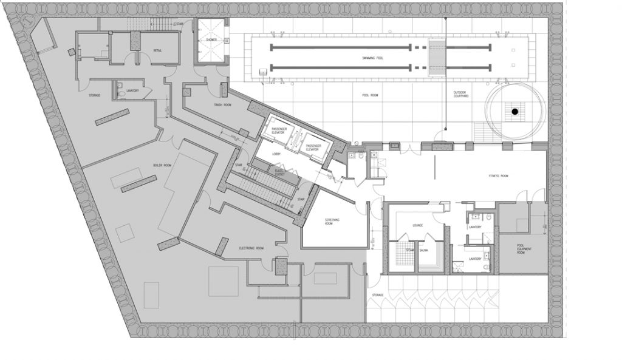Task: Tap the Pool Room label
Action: pyautogui.click(x=370, y=96)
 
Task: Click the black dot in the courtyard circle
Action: pyautogui.click(x=514, y=112)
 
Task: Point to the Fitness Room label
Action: pyautogui.click(x=499, y=175)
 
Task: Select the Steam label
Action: pyautogui.click(x=411, y=249)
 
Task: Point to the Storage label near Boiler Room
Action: pyautogui.click(x=94, y=95)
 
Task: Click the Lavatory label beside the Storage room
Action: pyautogui.click(x=133, y=92)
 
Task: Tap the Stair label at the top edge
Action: pyautogui.click(x=180, y=24)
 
